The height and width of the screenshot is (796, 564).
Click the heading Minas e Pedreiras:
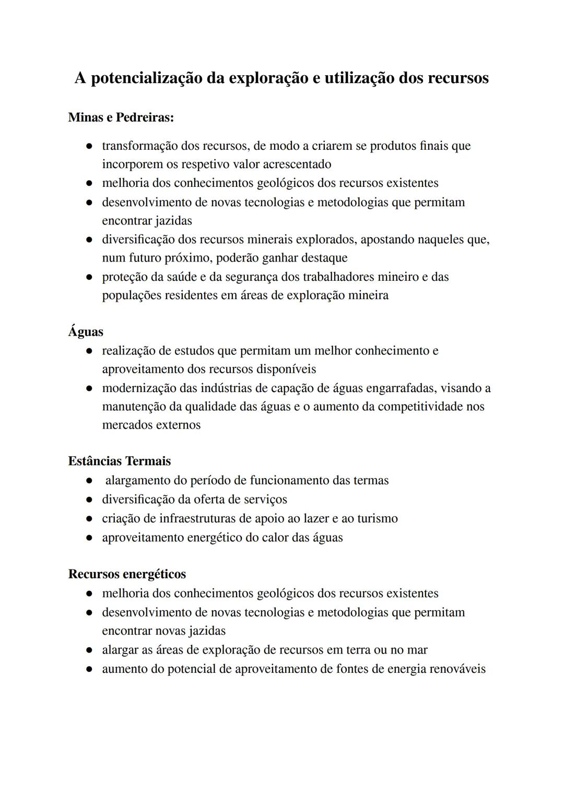121,117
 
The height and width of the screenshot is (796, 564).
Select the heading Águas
86,331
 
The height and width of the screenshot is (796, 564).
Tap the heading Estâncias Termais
119,461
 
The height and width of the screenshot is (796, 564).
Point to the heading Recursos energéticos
127,574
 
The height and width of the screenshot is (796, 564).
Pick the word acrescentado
297,164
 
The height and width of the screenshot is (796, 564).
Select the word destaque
323,258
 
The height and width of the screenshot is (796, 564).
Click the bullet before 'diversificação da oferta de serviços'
90,500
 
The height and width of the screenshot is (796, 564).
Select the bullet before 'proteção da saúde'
90,277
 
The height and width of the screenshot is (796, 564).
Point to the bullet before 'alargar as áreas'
90,651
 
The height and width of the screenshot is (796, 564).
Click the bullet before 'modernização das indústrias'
90,389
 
